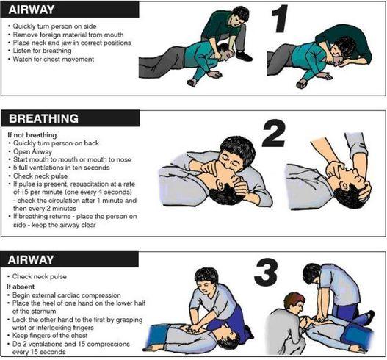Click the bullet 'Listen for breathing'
point(46,51)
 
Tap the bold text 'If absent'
point(20,285)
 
